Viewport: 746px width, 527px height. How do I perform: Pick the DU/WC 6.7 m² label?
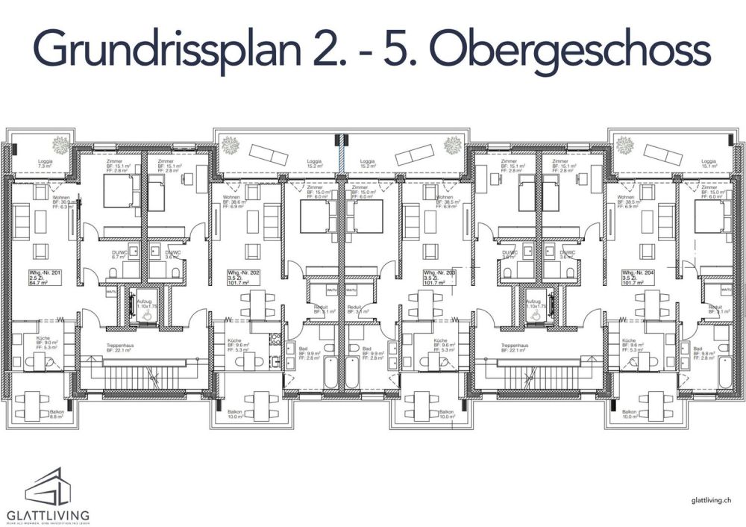click(119, 255)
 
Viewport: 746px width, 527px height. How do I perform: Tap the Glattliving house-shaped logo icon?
click(48, 487)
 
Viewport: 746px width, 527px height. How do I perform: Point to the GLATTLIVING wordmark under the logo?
click(48, 514)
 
